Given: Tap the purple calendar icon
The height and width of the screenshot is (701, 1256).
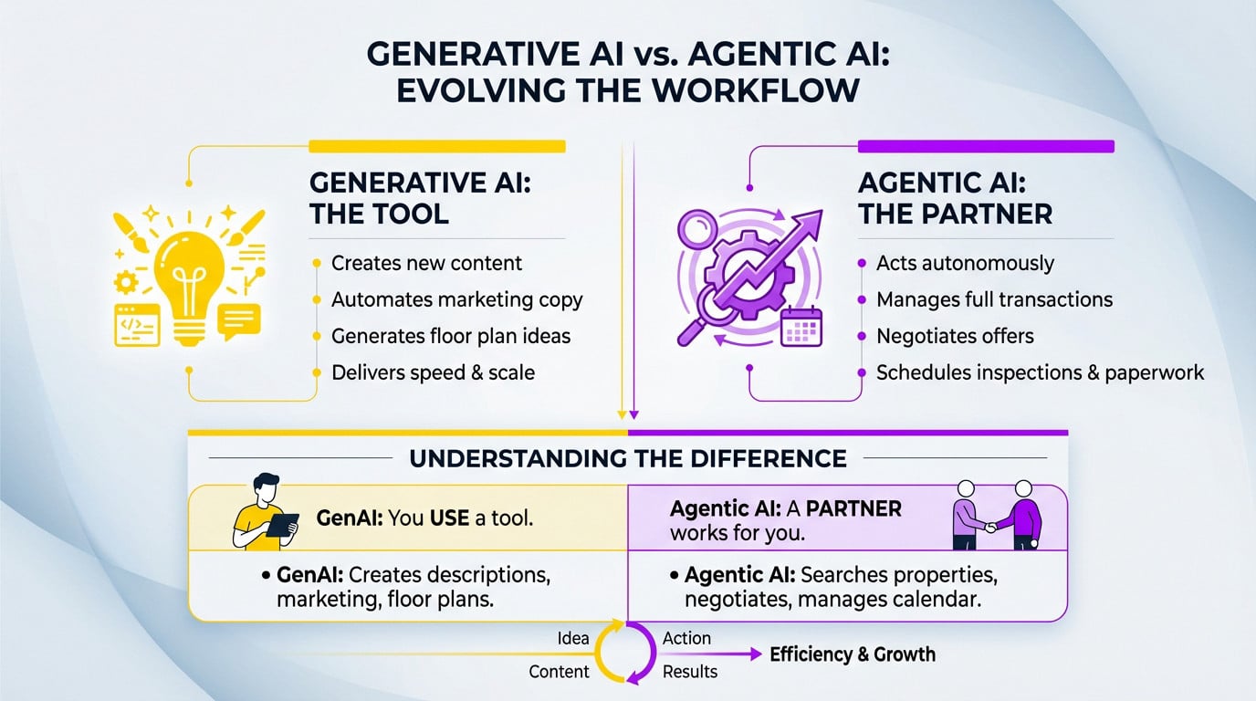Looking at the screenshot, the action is tap(801, 327).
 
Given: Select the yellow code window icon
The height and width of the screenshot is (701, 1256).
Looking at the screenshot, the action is tap(137, 325).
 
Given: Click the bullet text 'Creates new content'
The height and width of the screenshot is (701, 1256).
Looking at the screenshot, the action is tap(426, 263).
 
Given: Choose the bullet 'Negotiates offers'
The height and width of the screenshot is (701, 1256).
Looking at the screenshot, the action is tap(955, 336).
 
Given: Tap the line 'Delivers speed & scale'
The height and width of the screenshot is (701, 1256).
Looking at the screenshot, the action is tap(433, 372).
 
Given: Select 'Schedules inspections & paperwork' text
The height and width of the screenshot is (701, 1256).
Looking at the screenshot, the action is tap(1041, 372).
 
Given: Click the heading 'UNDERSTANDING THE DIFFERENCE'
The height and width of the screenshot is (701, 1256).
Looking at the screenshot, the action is tap(628, 459).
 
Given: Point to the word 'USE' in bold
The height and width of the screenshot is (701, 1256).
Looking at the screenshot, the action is tap(449, 518).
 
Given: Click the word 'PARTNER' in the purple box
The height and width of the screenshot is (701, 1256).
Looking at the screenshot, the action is tap(853, 508).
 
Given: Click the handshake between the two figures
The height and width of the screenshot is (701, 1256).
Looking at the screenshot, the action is tap(991, 528).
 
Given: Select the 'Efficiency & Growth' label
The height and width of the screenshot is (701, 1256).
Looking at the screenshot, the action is tap(853, 654).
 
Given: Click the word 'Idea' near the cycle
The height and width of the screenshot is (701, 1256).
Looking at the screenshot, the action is tap(573, 638).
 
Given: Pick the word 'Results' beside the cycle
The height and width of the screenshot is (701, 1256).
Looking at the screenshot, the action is tap(690, 671).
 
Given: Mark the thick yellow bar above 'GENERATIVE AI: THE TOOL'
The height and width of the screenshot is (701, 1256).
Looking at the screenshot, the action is tap(437, 146).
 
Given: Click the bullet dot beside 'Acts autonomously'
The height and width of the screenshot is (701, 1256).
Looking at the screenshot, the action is tap(862, 263).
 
